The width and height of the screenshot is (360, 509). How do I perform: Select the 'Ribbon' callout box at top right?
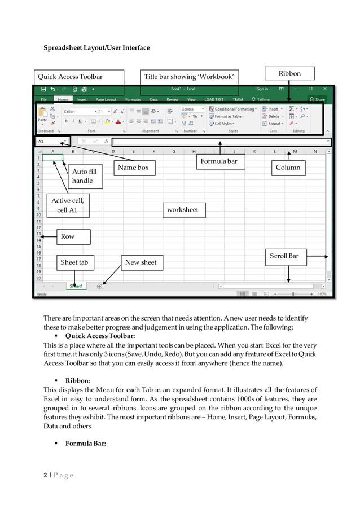pos(289,73)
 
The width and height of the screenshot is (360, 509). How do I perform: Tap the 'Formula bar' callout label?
pos(219,162)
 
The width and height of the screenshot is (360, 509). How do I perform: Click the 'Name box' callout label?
pos(133,168)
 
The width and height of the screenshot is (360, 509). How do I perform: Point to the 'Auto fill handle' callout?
pos(85,176)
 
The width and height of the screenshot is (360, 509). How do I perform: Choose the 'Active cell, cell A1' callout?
pos(67,205)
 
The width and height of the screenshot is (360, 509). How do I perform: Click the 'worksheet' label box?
pos(183,210)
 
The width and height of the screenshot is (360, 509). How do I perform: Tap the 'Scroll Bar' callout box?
pos(284,256)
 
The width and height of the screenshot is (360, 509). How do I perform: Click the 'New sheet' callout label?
pos(141,262)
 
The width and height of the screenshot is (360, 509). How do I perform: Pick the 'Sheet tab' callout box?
pos(74,262)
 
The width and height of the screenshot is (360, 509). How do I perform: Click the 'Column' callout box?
pos(288,168)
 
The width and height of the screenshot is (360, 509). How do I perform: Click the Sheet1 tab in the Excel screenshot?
pos(76,286)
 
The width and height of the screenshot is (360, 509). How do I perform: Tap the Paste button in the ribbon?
pos(42,120)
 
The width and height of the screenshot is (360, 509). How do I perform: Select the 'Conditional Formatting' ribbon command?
pos(232,109)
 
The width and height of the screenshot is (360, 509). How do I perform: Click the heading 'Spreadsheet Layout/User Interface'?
pos(96,48)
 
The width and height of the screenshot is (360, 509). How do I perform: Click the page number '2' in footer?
pos(46,475)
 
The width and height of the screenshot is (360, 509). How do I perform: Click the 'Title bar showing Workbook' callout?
pos(190,77)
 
